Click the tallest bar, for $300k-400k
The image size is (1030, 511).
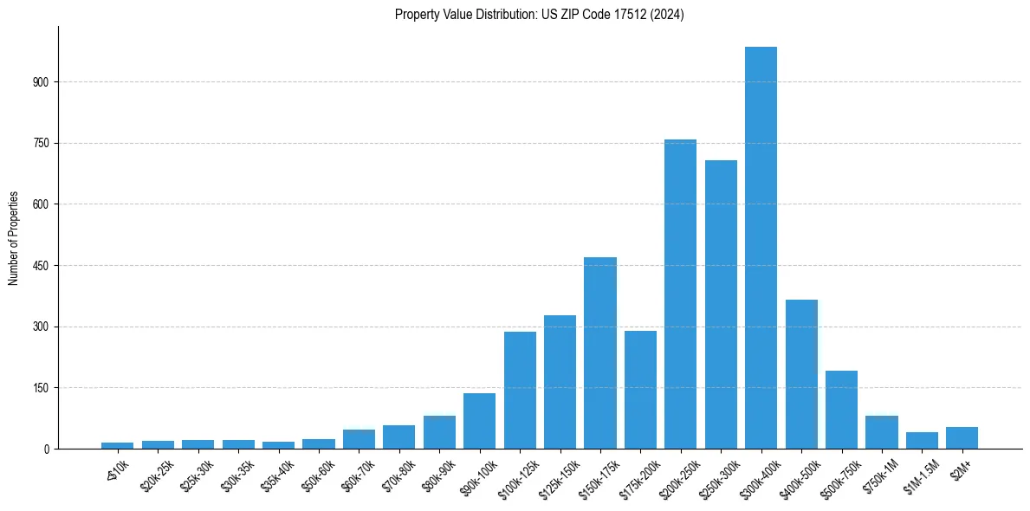[761, 248]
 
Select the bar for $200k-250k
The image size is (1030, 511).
[680, 294]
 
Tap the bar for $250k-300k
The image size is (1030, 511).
[721, 305]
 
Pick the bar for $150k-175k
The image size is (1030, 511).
[600, 353]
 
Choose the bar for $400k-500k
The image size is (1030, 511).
[801, 374]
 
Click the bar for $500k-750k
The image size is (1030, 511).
[841, 410]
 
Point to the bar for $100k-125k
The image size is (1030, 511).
[520, 390]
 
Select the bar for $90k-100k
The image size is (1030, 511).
[479, 421]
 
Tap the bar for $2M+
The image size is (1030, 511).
[962, 438]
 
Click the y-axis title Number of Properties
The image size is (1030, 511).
[13, 238]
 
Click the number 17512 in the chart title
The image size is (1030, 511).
[615, 15]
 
